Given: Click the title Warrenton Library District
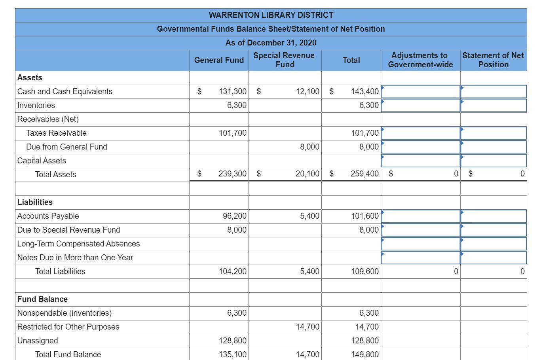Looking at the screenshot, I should [271, 15].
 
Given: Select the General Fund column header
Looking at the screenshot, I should [219, 60].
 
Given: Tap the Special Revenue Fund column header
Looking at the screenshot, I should [284, 60].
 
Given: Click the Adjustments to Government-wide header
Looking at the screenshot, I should [420, 60].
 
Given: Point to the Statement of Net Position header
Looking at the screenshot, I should [493, 60].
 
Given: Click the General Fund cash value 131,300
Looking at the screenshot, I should [233, 91].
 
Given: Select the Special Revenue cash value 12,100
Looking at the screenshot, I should [307, 91].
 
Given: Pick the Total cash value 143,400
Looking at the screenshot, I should [365, 91].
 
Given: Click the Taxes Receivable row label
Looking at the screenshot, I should [56, 133].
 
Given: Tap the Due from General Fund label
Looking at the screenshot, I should [66, 147].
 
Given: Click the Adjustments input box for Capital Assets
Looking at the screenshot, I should [420, 161].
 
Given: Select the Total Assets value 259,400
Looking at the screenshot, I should [364, 174].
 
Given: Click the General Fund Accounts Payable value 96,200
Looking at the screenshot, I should [235, 216].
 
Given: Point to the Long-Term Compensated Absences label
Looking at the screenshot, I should [78, 244].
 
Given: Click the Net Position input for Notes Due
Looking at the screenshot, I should [493, 258].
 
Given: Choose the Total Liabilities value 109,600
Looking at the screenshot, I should [365, 271].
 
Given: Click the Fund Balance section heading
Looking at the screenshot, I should [42, 299].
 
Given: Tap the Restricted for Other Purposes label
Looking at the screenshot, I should [68, 327].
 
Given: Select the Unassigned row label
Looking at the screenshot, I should [38, 341].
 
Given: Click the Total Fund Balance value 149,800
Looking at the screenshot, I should [365, 354].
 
